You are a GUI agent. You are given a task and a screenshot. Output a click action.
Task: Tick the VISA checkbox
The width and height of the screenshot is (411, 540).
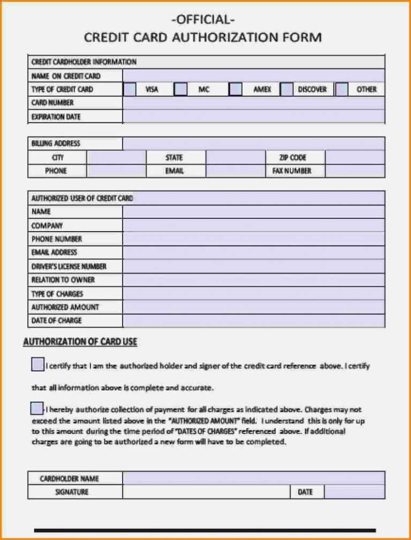pos(130,89)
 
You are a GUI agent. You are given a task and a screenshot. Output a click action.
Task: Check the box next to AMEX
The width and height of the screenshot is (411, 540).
pos(235,89)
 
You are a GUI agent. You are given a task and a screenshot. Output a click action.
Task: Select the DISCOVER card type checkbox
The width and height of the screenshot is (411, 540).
pos(287,89)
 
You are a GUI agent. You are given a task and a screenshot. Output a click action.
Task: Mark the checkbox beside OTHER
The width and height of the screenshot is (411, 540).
pos(342,89)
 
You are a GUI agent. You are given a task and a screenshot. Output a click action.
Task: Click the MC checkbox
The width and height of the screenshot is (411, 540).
pos(181,89)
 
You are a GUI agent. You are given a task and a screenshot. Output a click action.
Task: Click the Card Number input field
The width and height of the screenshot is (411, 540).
pos(253,103)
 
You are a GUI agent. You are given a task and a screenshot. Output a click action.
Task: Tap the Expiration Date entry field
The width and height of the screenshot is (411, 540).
pos(253,117)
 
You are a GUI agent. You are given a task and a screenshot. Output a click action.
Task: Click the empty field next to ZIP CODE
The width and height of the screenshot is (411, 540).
pos(354,157)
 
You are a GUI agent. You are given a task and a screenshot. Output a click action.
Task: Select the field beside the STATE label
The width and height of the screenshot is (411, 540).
pos(235,157)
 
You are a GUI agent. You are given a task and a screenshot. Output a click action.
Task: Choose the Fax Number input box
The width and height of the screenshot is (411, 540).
pos(354,171)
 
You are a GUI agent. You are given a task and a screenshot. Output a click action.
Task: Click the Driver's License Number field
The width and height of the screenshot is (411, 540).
pos(253,267)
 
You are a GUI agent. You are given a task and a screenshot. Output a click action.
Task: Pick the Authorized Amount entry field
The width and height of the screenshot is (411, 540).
pos(253,307)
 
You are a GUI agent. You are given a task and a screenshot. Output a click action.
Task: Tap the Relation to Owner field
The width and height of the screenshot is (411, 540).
pos(253,280)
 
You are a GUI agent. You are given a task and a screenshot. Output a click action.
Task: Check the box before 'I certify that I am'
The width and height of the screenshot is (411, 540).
pos(37,365)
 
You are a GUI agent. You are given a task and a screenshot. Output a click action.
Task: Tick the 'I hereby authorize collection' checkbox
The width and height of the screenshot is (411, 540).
pos(36,408)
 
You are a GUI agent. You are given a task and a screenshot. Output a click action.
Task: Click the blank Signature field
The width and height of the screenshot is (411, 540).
pos(206,492)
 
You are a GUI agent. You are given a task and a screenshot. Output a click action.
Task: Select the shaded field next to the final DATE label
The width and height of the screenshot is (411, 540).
pos(354,492)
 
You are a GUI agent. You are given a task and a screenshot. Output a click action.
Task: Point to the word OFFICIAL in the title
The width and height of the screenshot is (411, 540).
pos(203,20)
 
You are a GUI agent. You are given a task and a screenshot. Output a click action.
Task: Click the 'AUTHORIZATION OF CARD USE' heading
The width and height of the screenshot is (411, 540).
pos(80,341)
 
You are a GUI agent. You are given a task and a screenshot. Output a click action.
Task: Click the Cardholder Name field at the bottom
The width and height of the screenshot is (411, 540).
pos(253,478)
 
